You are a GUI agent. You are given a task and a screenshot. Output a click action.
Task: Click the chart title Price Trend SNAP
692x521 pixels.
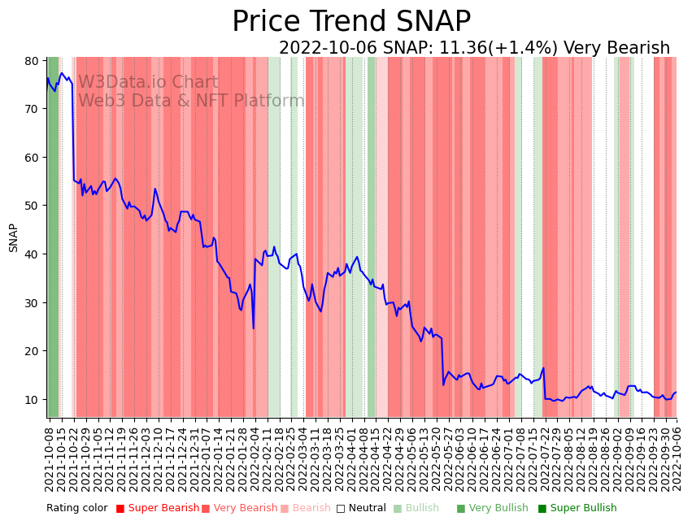351,22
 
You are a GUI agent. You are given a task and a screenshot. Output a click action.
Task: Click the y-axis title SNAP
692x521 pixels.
14,237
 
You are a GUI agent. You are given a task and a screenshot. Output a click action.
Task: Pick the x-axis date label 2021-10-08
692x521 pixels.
50,459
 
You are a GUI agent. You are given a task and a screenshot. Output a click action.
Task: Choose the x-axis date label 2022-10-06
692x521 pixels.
677,459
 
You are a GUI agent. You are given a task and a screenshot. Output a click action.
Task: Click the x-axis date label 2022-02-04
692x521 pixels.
255,459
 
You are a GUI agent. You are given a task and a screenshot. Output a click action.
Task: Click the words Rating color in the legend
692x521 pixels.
77,509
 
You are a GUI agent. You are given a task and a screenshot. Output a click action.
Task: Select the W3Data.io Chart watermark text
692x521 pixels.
148,83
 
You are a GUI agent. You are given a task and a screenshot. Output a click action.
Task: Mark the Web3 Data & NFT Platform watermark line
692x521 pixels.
191,101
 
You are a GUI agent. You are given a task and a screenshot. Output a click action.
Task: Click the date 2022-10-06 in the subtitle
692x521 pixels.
328,49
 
